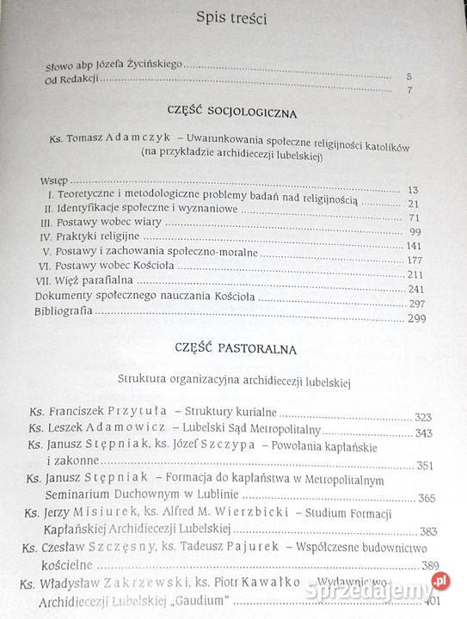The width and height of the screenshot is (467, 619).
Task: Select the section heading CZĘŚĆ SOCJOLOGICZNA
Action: point(233,113)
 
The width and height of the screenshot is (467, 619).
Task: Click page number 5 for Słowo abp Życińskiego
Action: point(409,76)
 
